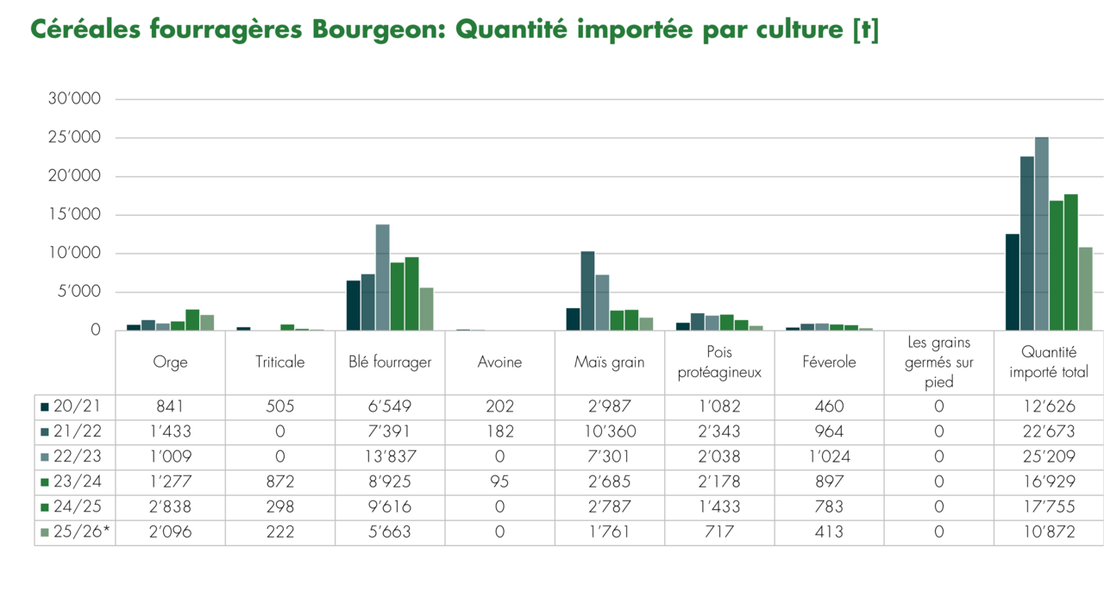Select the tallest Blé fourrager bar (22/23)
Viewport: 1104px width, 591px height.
point(382,277)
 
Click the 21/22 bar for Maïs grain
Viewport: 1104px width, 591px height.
point(587,291)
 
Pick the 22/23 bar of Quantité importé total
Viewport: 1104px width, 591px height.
point(1042,234)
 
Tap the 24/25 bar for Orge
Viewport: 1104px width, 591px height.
point(192,320)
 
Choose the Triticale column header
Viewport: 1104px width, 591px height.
point(279,362)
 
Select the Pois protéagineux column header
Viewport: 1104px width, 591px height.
point(719,362)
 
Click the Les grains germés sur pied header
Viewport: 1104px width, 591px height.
point(939,362)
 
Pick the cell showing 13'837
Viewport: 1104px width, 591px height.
point(390,456)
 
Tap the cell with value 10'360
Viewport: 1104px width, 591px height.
point(609,431)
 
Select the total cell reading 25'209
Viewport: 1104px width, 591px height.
point(1049,456)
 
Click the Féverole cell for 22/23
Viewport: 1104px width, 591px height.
point(829,456)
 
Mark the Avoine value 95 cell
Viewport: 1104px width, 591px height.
point(499,481)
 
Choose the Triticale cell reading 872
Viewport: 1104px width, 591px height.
point(279,481)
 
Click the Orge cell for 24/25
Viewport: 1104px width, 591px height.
point(170,506)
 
